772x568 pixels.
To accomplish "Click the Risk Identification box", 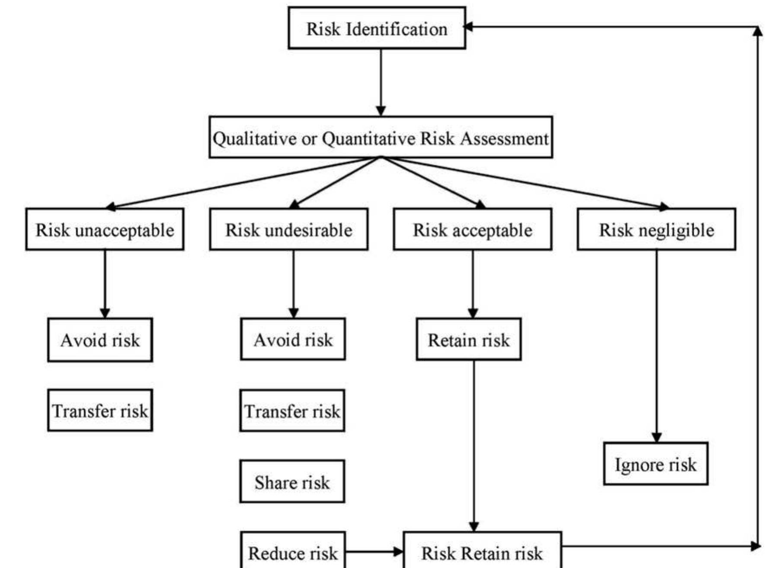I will point(377,28).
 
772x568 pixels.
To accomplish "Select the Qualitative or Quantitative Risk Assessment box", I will point(381,138).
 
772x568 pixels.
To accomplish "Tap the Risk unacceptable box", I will point(105,229).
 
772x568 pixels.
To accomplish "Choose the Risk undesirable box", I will point(288,229).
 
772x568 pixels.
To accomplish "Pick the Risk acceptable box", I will point(472,229).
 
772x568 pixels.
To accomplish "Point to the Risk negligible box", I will point(656,229).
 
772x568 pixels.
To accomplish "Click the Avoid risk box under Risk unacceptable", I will point(100,340).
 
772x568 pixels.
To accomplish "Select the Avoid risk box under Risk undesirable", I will point(293,339).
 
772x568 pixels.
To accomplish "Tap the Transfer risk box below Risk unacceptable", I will point(100,410).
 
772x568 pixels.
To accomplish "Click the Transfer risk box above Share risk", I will point(292,411).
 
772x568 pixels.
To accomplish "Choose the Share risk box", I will point(292,482).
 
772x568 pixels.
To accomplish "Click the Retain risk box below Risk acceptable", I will point(468,339).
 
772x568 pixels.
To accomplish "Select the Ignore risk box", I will point(656,464).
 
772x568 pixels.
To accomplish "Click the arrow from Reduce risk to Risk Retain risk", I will point(374,552).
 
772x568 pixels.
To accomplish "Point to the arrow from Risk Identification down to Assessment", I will point(381,82).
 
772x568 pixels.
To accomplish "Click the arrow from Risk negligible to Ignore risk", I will point(656,346).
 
